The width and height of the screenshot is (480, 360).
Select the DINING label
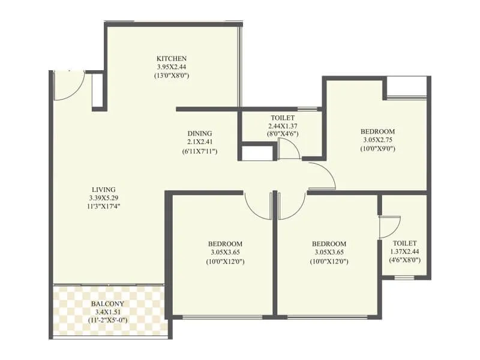pyautogui.click(x=199, y=134)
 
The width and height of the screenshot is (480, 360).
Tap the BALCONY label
pyautogui.click(x=108, y=304)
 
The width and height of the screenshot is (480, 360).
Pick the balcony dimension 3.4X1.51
pyautogui.click(x=108, y=312)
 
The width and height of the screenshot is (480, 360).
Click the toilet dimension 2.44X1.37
pyautogui.click(x=283, y=126)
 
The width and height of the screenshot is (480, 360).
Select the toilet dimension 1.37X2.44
pyautogui.click(x=405, y=251)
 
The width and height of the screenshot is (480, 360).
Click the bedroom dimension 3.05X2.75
pyautogui.click(x=377, y=140)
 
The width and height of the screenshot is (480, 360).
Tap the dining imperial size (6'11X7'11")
pyautogui.click(x=199, y=151)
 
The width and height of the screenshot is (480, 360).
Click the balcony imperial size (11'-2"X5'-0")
pyautogui.click(x=108, y=321)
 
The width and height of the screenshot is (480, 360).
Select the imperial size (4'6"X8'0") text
pyautogui.click(x=405, y=260)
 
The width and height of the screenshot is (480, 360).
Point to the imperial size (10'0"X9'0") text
pyautogui.click(x=377, y=149)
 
